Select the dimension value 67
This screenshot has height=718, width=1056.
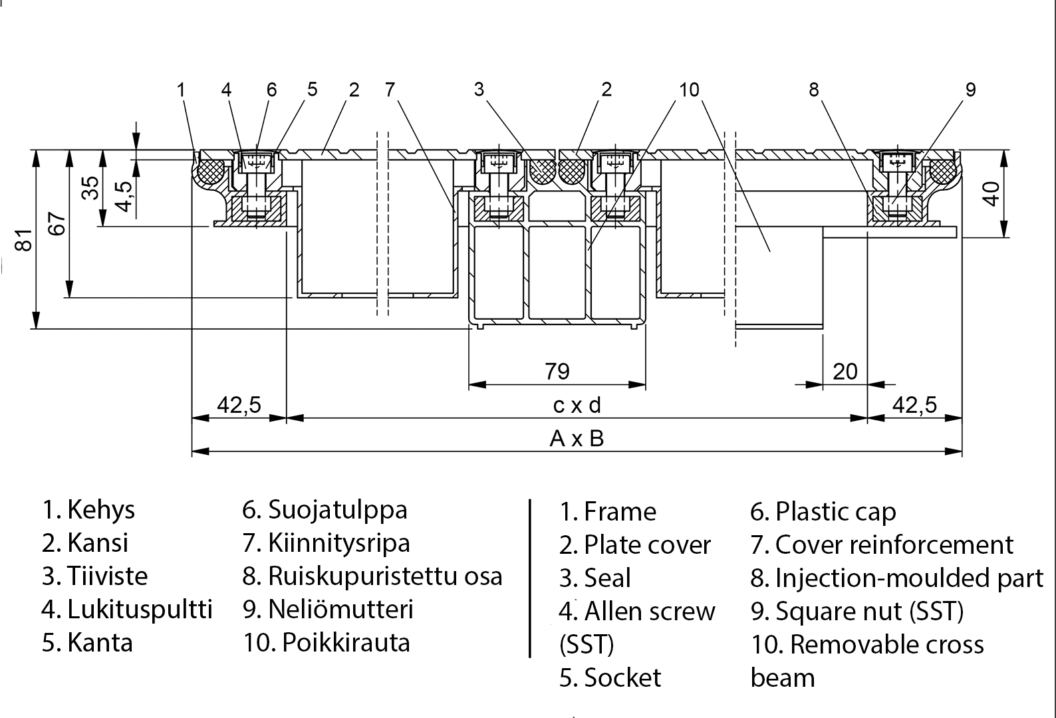pyautogui.click(x=58, y=224)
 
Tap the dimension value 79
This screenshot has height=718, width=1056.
pyautogui.click(x=557, y=371)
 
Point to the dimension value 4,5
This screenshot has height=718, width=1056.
pyautogui.click(x=124, y=193)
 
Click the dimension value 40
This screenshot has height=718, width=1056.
pyautogui.click(x=991, y=193)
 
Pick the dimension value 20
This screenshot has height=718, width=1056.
pyautogui.click(x=845, y=371)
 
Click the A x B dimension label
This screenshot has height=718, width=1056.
pyautogui.click(x=577, y=439)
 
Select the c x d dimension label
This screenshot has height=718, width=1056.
pyautogui.click(x=577, y=405)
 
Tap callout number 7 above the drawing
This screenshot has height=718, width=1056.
pyautogui.click(x=390, y=89)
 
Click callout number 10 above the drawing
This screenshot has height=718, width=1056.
pyautogui.click(x=690, y=89)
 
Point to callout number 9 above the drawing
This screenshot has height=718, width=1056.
pyautogui.click(x=970, y=89)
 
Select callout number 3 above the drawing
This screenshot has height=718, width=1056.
pyautogui.click(x=479, y=89)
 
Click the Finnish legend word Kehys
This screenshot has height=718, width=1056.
pyautogui.click(x=100, y=510)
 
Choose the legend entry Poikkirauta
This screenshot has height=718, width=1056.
pyautogui.click(x=345, y=643)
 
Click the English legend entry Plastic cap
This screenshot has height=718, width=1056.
pyautogui.click(x=835, y=512)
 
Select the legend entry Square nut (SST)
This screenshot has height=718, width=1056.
pyautogui.click(x=869, y=611)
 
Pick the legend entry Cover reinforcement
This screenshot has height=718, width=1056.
pyautogui.click(x=894, y=545)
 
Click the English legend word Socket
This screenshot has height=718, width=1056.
pyautogui.click(x=622, y=677)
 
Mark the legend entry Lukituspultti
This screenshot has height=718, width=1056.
pyautogui.click(x=139, y=610)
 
